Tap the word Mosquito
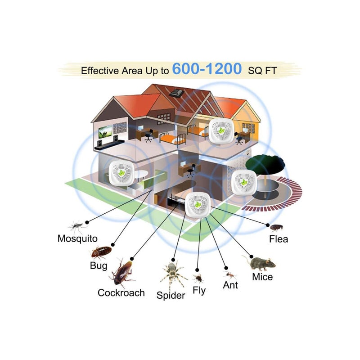tap(77, 238)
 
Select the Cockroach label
tap(121, 292)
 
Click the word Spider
tap(171, 295)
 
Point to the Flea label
tap(278, 238)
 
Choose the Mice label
tap(262, 276)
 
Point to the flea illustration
tap(276, 227)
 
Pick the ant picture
tap(229, 274)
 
